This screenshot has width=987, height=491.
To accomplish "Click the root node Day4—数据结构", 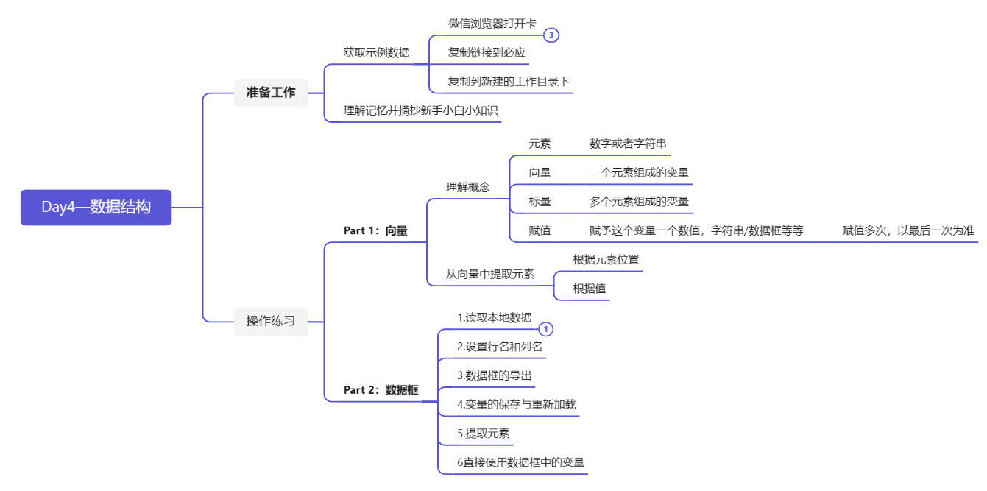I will click(x=96, y=208).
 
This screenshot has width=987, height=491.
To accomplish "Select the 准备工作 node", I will click(x=271, y=93).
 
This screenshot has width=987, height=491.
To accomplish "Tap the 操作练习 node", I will click(x=271, y=321).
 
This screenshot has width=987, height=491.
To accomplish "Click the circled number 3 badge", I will click(x=551, y=35).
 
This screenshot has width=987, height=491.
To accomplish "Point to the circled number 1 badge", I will click(x=546, y=329).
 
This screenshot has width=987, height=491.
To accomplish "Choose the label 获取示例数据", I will click(x=376, y=53).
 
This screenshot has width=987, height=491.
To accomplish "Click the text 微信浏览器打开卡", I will click(x=492, y=24).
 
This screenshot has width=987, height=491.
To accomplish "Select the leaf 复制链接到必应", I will click(x=487, y=53).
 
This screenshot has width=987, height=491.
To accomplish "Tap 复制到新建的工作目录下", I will click(x=509, y=82).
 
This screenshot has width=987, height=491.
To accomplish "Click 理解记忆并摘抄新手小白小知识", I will click(x=420, y=111).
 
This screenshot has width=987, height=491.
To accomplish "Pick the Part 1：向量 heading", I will click(x=375, y=230).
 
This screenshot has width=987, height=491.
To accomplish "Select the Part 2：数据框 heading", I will click(x=381, y=390).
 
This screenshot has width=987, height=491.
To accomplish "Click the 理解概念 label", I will click(x=468, y=187).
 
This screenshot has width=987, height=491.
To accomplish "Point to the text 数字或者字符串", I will click(x=628, y=144).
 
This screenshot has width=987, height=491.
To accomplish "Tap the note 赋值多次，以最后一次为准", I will click(x=908, y=230).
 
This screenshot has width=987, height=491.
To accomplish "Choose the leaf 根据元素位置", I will click(x=606, y=260).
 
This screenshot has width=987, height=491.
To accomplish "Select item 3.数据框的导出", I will click(x=494, y=375).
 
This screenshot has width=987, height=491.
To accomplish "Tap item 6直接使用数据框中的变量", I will click(x=520, y=462).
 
